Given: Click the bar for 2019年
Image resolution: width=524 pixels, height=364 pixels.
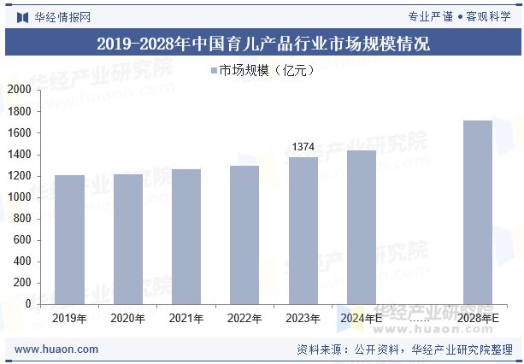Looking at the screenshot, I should [70, 239].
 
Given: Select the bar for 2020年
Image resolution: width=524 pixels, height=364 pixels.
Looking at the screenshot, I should [128, 239].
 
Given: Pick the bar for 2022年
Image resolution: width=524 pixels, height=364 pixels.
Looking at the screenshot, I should [244, 235].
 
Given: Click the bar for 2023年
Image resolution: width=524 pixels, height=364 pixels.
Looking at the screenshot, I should [303, 231].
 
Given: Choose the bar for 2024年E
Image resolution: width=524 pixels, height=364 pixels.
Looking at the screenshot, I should [361, 227].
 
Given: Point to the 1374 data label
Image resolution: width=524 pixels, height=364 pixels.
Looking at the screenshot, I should [303, 147].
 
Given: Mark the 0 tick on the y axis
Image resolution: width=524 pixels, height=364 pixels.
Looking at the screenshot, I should [27, 304].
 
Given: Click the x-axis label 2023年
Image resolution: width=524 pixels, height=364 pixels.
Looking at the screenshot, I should [303, 319].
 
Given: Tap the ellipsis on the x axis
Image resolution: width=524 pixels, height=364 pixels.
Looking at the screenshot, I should [419, 319].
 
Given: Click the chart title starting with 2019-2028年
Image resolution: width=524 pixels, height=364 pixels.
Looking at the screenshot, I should [262, 44].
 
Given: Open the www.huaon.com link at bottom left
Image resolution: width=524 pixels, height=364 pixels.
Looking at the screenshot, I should [57, 349].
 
